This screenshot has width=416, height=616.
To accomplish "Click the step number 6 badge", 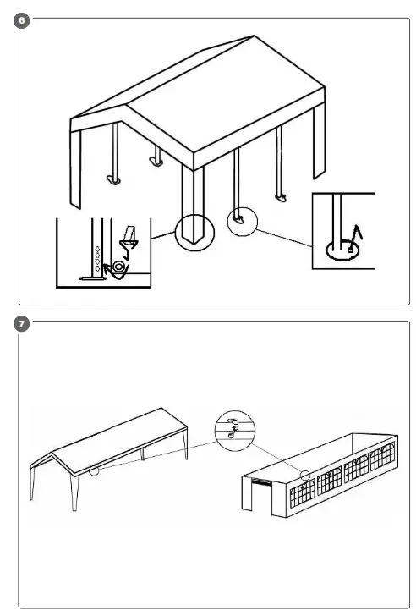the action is click(x=22, y=20).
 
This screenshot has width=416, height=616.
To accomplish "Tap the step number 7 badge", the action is click(x=22, y=324).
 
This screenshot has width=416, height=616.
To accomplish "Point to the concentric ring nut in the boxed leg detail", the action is click(x=118, y=267).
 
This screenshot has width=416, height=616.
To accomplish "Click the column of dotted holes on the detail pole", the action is click(x=97, y=259).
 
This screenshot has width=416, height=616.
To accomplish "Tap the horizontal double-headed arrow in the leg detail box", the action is click(x=93, y=278).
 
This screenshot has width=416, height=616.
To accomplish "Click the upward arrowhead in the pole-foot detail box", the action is click(x=358, y=231).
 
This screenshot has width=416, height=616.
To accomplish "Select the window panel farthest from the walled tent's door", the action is click(x=383, y=456).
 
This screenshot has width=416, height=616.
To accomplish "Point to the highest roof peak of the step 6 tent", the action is click(x=254, y=36).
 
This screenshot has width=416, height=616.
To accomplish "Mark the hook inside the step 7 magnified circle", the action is click(x=234, y=430).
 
